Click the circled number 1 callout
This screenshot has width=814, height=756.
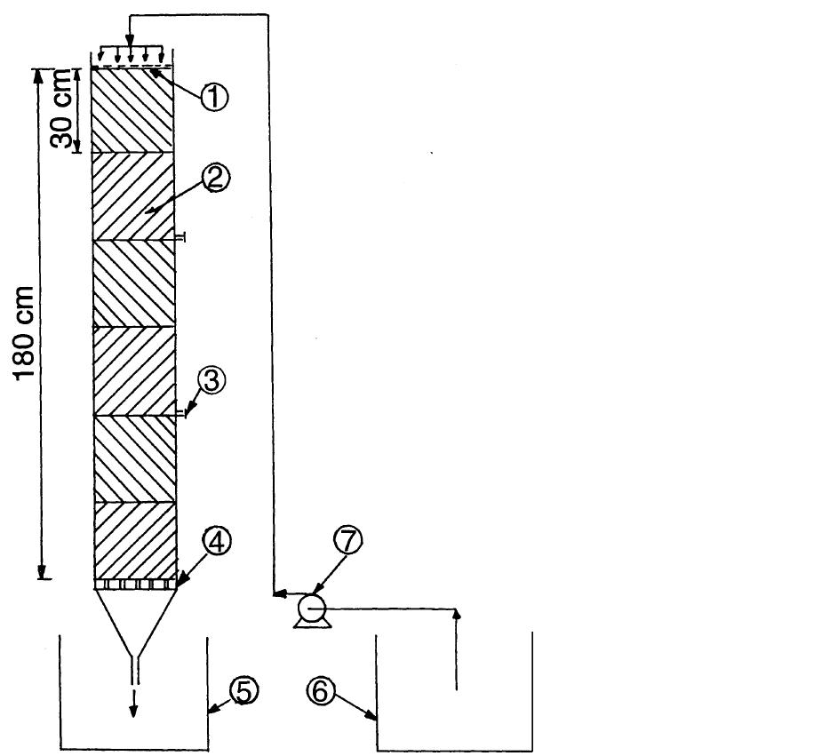(214, 97)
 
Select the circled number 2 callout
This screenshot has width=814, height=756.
(216, 179)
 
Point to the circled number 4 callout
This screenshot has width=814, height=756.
(218, 541)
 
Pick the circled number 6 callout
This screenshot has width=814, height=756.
(321, 690)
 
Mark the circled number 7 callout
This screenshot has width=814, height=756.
(347, 541)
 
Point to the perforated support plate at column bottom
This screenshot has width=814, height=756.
(135, 585)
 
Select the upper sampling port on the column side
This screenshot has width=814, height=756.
(180, 237)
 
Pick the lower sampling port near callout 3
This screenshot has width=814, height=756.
(180, 413)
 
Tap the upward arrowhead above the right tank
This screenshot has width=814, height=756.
(457, 612)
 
